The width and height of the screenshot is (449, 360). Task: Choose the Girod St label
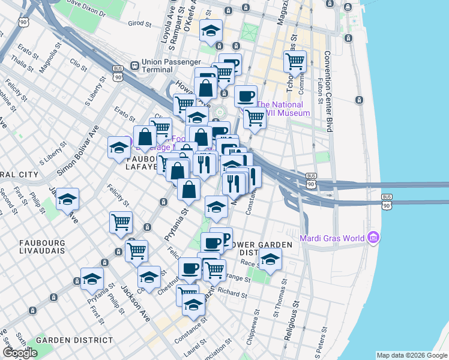(139, 24)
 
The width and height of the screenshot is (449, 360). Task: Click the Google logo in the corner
(20, 353)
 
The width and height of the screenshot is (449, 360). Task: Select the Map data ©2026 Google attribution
(412, 355)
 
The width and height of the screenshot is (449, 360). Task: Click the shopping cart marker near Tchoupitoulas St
(295, 61)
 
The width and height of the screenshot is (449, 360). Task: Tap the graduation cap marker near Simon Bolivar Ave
(119, 148)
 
